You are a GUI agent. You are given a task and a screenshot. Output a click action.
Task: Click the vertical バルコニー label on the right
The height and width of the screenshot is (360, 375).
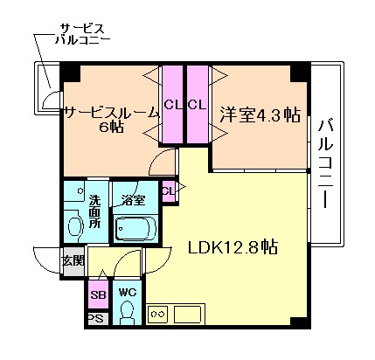point(325,163)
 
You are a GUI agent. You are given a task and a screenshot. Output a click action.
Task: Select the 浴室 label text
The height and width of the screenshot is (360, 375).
point(134,199)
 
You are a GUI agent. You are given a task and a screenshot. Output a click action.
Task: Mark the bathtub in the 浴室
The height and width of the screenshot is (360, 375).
point(135,228)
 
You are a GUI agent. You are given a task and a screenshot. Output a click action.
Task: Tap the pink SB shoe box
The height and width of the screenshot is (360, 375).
point(99,294)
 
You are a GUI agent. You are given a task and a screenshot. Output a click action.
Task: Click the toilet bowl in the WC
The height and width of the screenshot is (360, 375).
point(128,311)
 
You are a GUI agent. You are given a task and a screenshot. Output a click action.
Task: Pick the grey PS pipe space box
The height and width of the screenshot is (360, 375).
point(97,319)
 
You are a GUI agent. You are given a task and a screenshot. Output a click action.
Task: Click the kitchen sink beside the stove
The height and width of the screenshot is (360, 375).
point(189,313)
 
